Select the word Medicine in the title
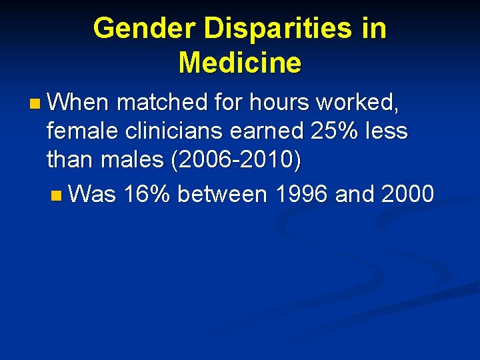[x=240, y=63]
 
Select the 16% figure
[x=148, y=194]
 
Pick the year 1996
[x=302, y=194]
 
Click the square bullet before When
[x=35, y=103]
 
